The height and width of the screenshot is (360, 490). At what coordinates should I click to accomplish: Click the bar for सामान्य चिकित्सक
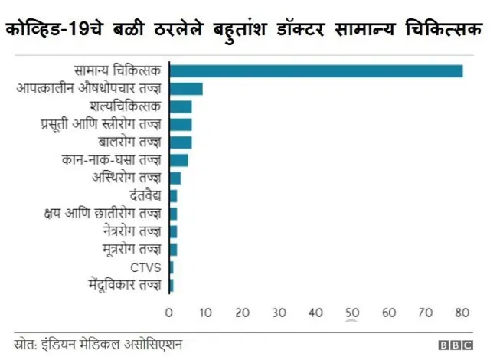[x=315, y=71]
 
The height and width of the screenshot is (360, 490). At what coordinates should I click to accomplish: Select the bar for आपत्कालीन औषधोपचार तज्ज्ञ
[x=186, y=89]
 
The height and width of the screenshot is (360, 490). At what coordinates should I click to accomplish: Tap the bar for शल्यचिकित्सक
[x=181, y=106]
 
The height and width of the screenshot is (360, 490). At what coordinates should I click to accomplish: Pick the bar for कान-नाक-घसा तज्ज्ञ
[x=178, y=160]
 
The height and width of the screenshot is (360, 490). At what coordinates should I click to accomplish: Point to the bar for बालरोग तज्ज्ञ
[x=181, y=142]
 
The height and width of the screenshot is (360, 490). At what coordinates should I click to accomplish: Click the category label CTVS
[x=145, y=267]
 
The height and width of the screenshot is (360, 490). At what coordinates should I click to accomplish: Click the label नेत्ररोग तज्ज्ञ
[x=131, y=231]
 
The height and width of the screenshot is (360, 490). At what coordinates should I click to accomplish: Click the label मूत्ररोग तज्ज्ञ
[x=131, y=250]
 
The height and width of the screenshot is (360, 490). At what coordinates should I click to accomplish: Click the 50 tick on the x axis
[x=352, y=313]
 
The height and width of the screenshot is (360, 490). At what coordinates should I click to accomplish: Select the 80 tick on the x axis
[x=462, y=313]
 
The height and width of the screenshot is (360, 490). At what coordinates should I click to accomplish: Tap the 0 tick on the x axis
[x=169, y=313]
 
